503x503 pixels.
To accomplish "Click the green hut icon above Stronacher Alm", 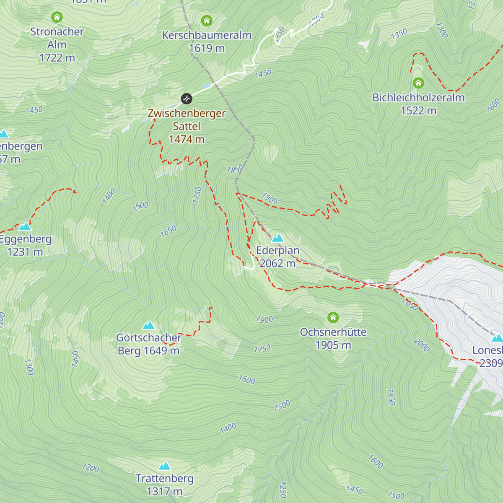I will (57, 17).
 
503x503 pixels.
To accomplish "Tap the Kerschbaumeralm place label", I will (207, 35).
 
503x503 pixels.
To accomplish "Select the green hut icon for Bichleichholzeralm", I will (418, 83).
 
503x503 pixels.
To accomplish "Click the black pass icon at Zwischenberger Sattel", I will (187, 99).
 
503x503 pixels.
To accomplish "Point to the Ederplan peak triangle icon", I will (277, 238).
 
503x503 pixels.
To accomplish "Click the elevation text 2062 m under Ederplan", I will (277, 263).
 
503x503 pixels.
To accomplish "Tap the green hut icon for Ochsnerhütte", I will (333, 317).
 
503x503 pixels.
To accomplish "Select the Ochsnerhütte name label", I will (333, 332).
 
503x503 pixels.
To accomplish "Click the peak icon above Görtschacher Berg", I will (149, 325).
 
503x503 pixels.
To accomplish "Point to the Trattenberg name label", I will (164, 478).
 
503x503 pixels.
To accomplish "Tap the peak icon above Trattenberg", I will (164, 466).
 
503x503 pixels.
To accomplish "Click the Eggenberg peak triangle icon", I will (25, 226).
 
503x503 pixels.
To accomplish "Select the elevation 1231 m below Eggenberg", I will (25, 252).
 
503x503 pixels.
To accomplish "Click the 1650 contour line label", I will (168, 231).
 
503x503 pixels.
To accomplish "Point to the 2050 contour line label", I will (410, 304).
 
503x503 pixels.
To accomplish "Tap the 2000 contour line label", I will (421, 345).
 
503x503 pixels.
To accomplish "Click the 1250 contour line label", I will (283, 490).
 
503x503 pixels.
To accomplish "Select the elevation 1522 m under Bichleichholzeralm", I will (418, 111).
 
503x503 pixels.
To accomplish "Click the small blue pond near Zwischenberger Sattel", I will (207, 86).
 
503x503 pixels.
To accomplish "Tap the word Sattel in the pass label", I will (187, 126).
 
